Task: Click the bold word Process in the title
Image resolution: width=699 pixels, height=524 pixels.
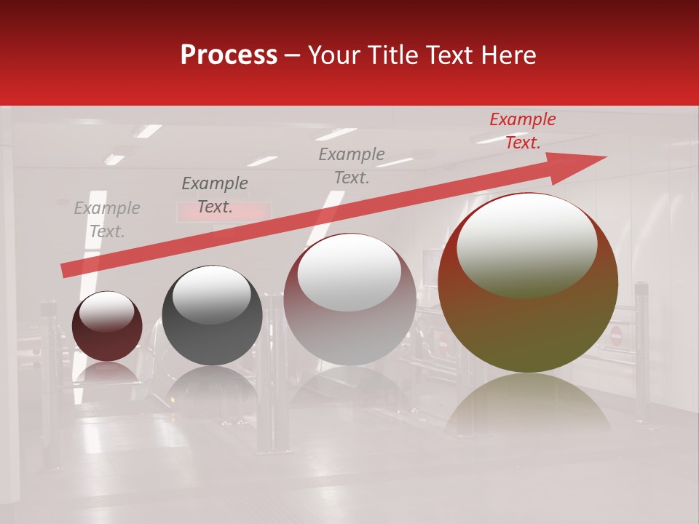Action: (x=229, y=55)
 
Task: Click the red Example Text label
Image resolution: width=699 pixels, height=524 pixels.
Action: (x=522, y=131)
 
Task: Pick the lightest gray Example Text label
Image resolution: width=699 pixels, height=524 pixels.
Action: (x=107, y=220)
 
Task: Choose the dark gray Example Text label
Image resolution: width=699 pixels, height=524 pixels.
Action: (x=215, y=195)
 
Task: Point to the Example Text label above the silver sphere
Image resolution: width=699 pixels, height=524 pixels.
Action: (x=352, y=165)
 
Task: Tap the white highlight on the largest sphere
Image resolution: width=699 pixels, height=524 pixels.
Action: (x=527, y=244)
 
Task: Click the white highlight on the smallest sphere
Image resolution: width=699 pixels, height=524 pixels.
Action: (x=106, y=311)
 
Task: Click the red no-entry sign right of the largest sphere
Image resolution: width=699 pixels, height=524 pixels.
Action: (x=616, y=335)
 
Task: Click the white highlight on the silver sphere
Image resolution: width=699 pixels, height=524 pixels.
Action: (x=349, y=273)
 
